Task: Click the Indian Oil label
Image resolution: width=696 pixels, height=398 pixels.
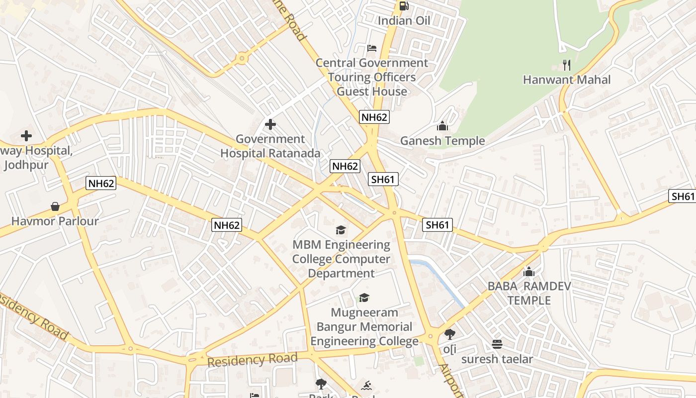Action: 404,21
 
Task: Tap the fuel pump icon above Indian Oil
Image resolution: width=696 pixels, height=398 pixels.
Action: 404,6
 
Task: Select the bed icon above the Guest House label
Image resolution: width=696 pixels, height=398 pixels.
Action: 371,48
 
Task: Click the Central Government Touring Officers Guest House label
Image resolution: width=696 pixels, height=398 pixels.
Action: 372,77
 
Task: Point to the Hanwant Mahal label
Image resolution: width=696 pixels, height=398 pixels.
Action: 567,80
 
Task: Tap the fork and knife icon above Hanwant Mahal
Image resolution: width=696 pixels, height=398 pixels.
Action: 566,65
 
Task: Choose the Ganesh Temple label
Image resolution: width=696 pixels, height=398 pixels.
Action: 442,141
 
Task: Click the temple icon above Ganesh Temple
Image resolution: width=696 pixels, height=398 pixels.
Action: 442,126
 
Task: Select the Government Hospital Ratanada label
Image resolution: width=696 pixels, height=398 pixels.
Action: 270,146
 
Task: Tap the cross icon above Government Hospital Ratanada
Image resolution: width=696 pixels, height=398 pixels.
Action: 270,124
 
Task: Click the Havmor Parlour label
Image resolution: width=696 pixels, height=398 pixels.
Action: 55,221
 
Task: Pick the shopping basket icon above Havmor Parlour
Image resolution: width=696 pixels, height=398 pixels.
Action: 55,206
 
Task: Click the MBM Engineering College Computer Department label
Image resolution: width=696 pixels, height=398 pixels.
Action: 341,259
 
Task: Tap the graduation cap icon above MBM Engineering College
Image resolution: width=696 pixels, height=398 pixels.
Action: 341,229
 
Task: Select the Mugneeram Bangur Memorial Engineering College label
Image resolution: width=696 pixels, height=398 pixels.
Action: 364,327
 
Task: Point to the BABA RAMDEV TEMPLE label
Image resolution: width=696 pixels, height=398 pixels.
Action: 529,293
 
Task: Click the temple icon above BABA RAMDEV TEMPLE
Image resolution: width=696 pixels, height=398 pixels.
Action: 529,272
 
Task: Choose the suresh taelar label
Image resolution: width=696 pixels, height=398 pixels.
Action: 497,359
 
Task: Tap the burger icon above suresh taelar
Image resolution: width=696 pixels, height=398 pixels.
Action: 497,344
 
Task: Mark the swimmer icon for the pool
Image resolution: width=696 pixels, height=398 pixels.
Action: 367,385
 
